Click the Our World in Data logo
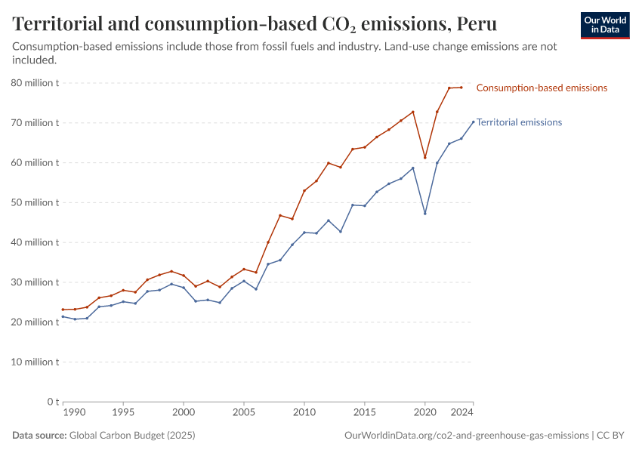point(605,25)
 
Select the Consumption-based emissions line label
point(542,88)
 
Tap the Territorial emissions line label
point(519,122)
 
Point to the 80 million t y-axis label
point(36,82)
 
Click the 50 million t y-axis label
point(36,202)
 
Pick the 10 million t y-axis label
point(36,362)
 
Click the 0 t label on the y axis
point(53,402)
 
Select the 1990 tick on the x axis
point(73,413)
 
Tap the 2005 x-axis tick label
point(244,413)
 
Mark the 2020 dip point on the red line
point(425,157)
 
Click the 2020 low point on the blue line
point(425,213)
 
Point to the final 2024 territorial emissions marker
point(474,122)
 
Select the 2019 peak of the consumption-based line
point(413,112)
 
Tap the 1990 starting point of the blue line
point(63,316)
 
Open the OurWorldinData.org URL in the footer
point(466,436)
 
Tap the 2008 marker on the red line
point(280,215)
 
